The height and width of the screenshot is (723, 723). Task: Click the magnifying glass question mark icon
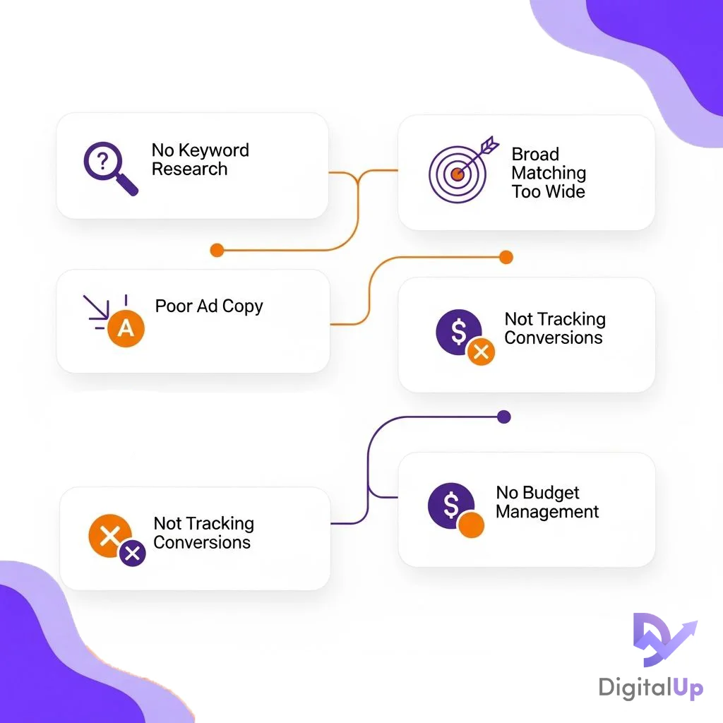click(x=109, y=167)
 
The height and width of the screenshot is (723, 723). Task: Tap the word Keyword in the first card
click(x=214, y=151)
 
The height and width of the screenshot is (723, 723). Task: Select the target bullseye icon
click(x=458, y=174)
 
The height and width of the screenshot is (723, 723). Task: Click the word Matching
click(x=549, y=173)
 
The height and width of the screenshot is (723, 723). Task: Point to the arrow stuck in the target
click(x=477, y=155)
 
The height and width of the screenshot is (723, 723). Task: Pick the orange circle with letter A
click(x=126, y=328)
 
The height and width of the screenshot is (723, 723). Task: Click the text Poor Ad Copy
click(x=209, y=306)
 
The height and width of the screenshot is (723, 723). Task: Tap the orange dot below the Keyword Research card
click(x=217, y=251)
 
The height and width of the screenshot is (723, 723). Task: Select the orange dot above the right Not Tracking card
click(x=506, y=257)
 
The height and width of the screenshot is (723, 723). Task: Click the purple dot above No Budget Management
click(x=504, y=417)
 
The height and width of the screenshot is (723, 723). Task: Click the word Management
click(x=547, y=512)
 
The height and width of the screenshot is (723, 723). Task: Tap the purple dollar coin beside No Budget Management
click(x=451, y=506)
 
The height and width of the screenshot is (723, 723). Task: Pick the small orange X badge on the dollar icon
click(x=481, y=352)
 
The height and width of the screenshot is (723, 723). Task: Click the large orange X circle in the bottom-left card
click(x=110, y=536)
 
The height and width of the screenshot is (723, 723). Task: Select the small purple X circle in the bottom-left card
click(x=132, y=553)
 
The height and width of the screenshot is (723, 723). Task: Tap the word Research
click(x=189, y=169)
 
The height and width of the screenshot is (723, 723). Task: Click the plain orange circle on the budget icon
click(x=471, y=525)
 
